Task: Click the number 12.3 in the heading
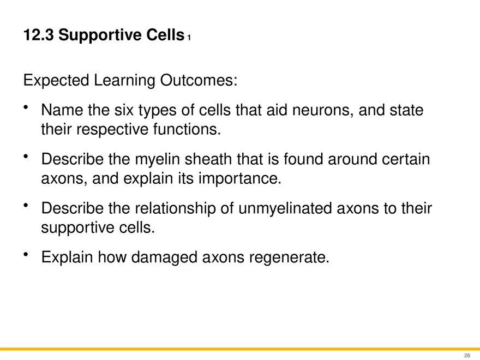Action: click(38, 36)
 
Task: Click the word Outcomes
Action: click(199, 81)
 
